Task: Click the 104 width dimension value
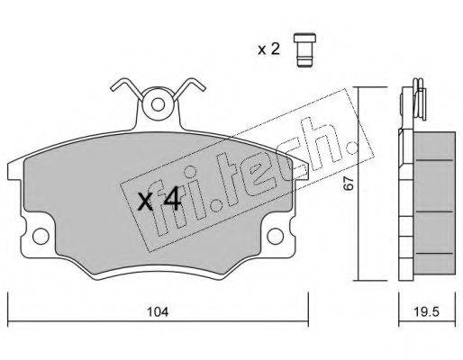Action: coord(158,312)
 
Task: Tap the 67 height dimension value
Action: coord(349,183)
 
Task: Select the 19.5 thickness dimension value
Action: coord(427,312)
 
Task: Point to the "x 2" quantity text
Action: coord(269,49)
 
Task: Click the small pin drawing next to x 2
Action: coord(304,49)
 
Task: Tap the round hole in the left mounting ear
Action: coord(41,236)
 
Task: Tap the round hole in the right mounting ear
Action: coord(275,236)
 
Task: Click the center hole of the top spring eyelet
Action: coord(158,105)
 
